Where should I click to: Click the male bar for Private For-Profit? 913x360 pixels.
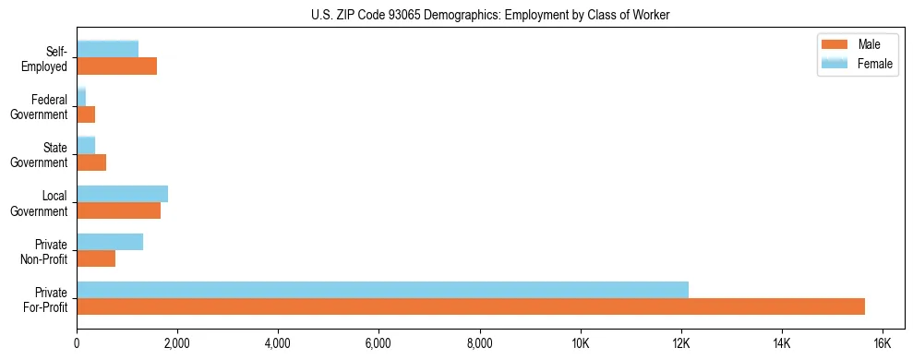pyautogui.click(x=471, y=306)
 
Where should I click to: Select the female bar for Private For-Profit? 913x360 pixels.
pyautogui.click(x=382, y=290)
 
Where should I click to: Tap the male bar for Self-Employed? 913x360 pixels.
pyautogui.click(x=116, y=66)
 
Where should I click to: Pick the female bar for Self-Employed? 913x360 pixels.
pyautogui.click(x=107, y=49)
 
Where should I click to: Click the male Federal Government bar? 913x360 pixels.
pyautogui.click(x=86, y=114)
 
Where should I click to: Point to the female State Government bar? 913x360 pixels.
pyautogui.click(x=86, y=145)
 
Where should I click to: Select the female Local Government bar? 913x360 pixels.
pyautogui.click(x=122, y=193)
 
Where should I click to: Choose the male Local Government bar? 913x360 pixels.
pyautogui.click(x=118, y=210)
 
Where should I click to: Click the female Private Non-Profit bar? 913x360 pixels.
pyautogui.click(x=110, y=242)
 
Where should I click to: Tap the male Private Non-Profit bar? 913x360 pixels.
pyautogui.click(x=96, y=258)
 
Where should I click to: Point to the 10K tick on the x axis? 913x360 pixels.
pyautogui.click(x=580, y=343)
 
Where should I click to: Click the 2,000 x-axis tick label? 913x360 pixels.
pyautogui.click(x=176, y=343)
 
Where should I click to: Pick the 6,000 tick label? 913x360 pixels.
pyautogui.click(x=378, y=343)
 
